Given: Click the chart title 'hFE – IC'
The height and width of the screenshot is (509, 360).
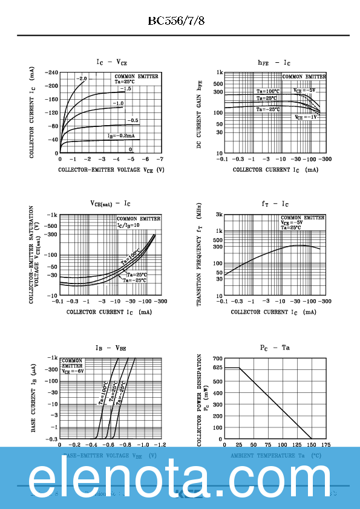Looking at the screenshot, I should click(274, 63).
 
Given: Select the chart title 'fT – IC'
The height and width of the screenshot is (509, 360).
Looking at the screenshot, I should click(275, 204).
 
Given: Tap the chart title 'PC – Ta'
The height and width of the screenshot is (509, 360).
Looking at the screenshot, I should click(275, 348).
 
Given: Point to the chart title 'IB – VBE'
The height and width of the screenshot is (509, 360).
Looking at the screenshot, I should click(110, 348).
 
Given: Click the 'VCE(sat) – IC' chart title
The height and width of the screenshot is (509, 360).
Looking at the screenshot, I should click(110, 204).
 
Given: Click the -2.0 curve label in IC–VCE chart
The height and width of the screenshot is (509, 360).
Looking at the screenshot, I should click(82, 79).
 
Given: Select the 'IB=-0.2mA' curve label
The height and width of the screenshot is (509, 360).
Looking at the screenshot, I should click(121, 136).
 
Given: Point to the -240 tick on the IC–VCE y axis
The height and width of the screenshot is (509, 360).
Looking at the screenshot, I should click(51, 72).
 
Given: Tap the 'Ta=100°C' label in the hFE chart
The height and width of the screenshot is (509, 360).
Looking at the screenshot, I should click(267, 92).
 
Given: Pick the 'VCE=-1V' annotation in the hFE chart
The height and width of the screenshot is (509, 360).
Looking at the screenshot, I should click(306, 117).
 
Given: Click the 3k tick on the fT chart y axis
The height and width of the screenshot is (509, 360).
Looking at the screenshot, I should click(218, 215).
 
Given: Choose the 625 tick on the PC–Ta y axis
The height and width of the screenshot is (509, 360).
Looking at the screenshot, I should click(217, 368).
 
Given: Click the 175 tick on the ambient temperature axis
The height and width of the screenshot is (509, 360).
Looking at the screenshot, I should click(326, 444).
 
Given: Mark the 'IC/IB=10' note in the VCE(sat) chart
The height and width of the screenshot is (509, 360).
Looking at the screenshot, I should click(128, 225).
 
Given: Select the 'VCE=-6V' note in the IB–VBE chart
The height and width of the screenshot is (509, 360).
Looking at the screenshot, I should click(73, 372).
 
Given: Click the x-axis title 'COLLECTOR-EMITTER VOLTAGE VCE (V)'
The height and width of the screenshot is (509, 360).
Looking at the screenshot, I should click(111, 170).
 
